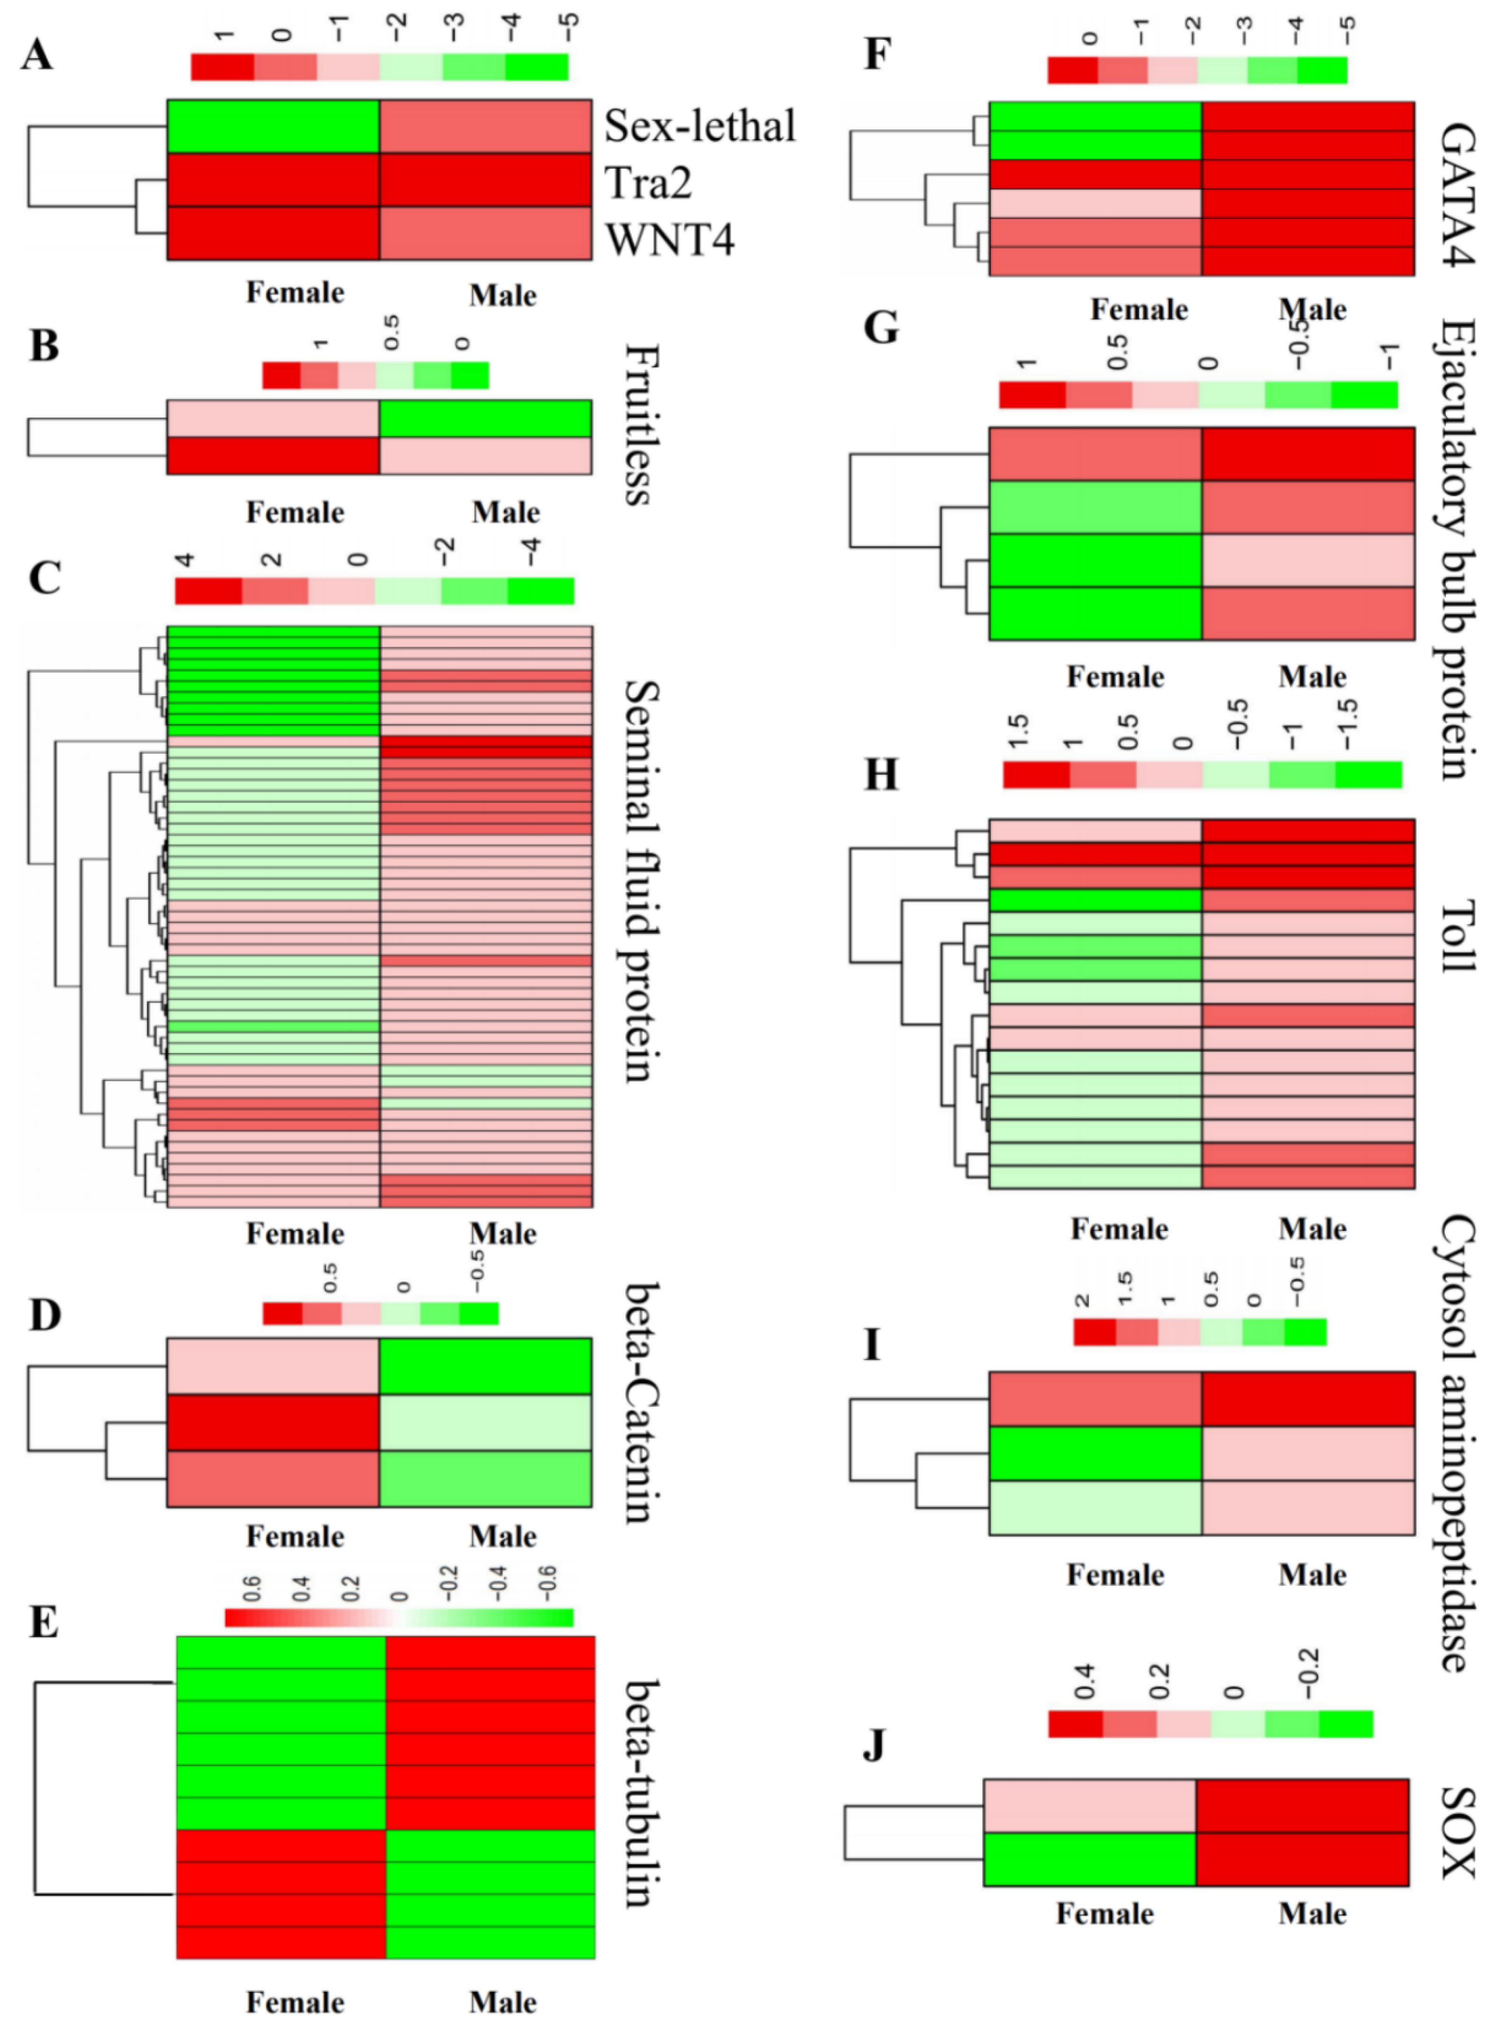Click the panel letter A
[37, 55]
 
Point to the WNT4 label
[669, 239]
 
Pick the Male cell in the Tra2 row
[485, 181]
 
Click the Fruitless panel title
[641, 424]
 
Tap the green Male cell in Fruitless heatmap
[485, 419]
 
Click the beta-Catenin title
[641, 1402]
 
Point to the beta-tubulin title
[641, 1793]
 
